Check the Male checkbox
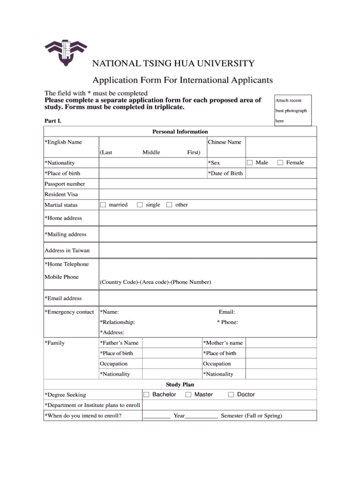coord(250,163)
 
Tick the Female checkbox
coord(280,163)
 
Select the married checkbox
coord(103,205)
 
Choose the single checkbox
coord(140,205)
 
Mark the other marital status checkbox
coord(169,205)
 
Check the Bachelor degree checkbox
coord(146,395)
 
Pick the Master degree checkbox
coord(188,395)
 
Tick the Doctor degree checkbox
coord(231,395)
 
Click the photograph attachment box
coord(292,110)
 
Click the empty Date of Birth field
coord(280,174)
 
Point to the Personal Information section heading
coord(180,132)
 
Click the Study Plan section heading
coord(180,385)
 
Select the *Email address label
coord(63,298)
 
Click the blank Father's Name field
coord(171,343)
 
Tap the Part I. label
coord(53,121)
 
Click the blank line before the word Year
coord(157,416)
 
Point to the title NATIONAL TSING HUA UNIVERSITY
coord(173,64)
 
